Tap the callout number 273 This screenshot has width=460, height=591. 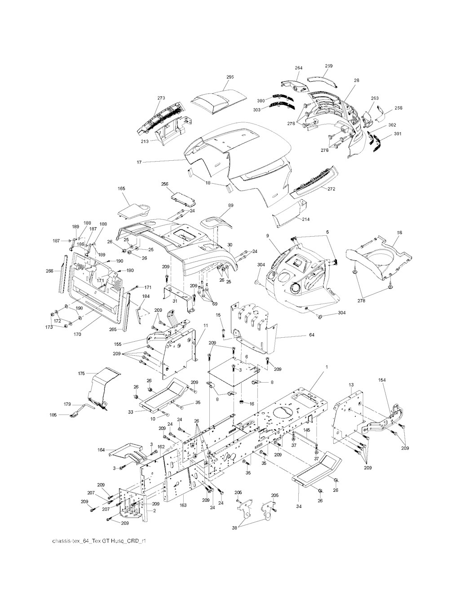[x=161, y=97]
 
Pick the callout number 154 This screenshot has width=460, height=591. [x=382, y=380]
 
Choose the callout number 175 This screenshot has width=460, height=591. [x=81, y=374]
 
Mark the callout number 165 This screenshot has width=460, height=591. [x=121, y=189]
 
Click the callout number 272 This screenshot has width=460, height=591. [x=331, y=189]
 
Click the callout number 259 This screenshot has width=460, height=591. [x=328, y=66]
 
